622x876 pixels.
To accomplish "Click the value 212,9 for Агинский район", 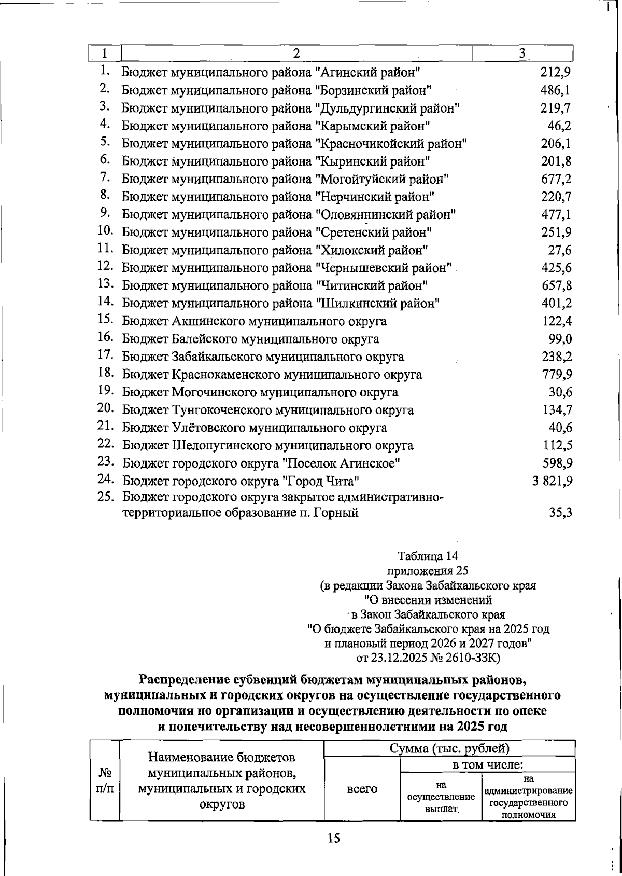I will pos(555,73).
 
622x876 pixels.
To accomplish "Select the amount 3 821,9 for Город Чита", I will pos(552,481).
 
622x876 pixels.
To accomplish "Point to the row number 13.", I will pos(105,284).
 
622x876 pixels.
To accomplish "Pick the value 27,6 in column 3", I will pos(560,251).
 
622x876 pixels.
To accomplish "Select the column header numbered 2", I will pos(296,53).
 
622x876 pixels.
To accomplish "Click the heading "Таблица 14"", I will pos(428,556).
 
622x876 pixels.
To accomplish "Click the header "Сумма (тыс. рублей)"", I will pos(449,748).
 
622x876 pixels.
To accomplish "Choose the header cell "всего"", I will pos(362,789).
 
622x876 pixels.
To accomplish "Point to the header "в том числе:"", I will pos(487,764).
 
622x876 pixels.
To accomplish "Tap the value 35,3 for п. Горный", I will pos(560,514).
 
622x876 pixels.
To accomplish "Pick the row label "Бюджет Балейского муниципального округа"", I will pos(251,339).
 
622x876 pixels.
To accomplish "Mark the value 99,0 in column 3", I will pos(560,339).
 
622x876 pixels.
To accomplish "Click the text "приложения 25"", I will pos(428,571).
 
